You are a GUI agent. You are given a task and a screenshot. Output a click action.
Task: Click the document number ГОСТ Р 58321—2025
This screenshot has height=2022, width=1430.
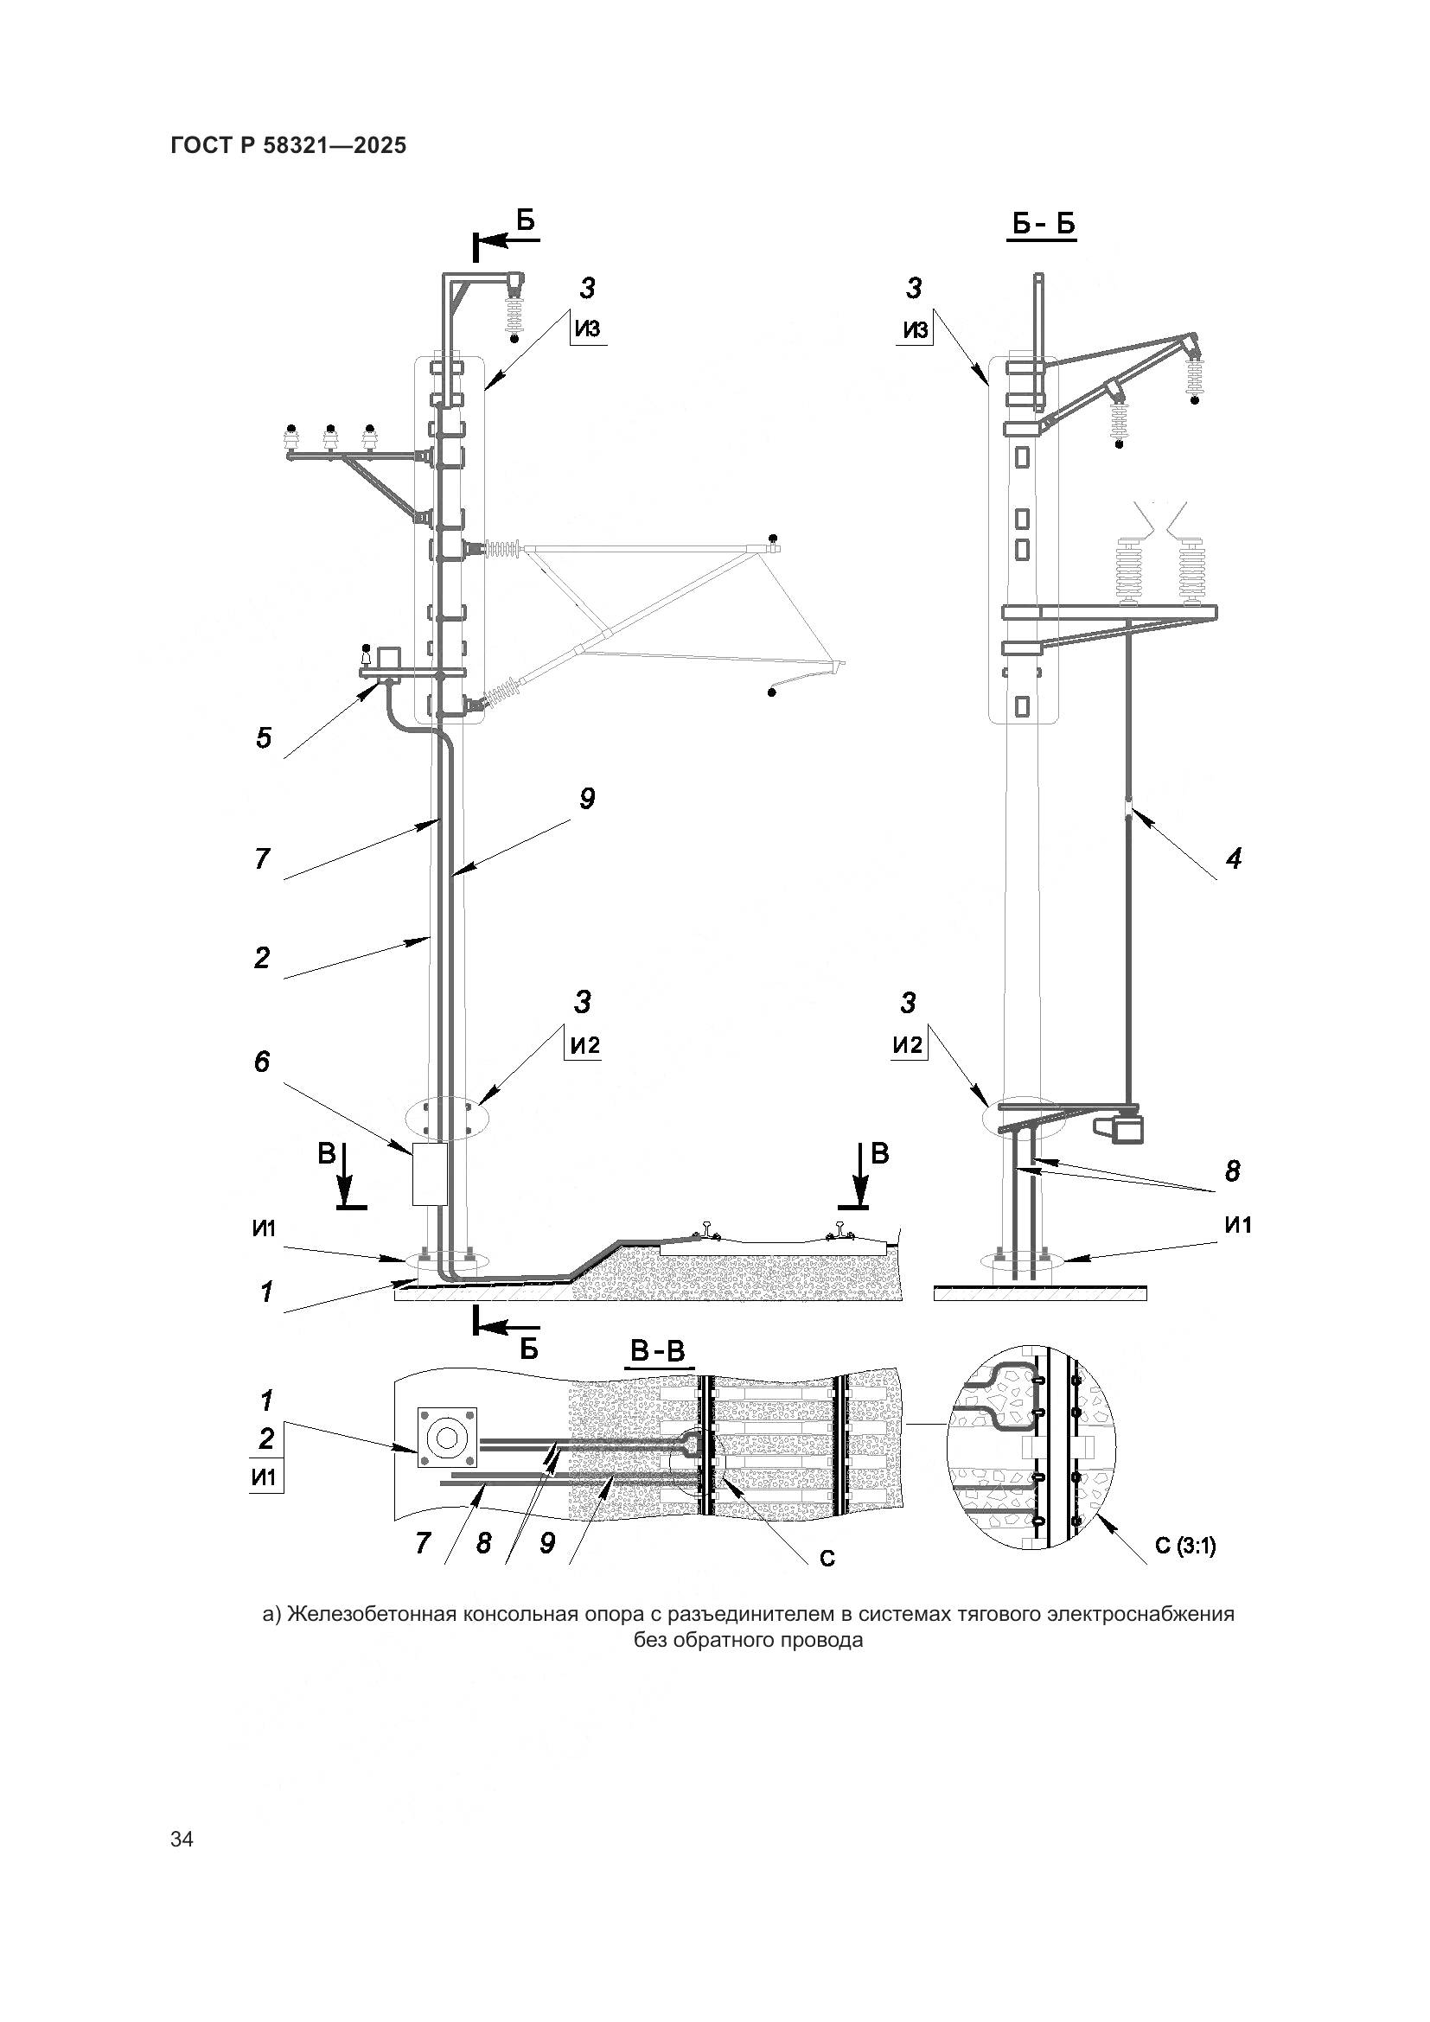coord(289,145)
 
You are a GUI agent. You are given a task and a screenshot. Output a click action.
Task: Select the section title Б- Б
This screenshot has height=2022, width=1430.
coord(1043,226)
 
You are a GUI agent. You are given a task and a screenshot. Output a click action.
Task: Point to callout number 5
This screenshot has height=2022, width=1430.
coord(264,737)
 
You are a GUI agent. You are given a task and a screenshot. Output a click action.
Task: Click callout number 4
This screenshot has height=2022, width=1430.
coord(1234,858)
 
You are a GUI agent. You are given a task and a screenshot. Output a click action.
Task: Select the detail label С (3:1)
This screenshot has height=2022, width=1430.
coord(1185,1546)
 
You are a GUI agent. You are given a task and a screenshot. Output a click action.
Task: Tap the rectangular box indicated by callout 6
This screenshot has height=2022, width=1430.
coord(431,1174)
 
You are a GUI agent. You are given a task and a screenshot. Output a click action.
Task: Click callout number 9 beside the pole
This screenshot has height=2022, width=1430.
coord(586,799)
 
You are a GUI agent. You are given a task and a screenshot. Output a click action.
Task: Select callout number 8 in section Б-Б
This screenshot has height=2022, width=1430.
coord(1232,1170)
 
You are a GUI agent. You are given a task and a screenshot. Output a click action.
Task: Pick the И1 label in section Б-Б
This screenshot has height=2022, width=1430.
coord(1238,1225)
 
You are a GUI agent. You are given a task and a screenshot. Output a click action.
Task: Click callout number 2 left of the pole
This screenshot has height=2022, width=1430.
coord(261,957)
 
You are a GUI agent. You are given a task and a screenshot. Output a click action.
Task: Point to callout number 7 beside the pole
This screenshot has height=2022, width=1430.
coord(261,858)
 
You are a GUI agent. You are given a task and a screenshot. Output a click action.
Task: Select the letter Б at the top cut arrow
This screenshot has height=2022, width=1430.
coord(526,220)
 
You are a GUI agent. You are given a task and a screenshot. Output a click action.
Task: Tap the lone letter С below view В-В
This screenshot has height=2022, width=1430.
coord(827,1558)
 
